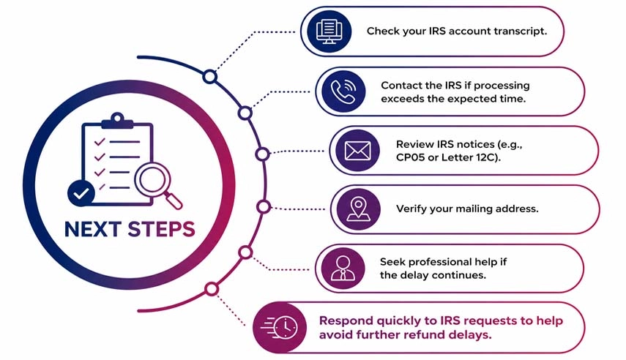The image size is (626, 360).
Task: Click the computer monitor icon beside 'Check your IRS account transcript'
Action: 328,31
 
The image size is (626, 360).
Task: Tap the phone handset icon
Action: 343,91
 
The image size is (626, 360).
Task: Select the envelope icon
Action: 357,151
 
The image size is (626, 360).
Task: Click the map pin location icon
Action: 358,209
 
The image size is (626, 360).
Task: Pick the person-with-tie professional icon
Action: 343,267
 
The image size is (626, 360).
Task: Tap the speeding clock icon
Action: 280,327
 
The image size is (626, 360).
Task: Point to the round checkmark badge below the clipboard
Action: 81,193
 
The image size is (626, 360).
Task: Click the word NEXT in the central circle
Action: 93,229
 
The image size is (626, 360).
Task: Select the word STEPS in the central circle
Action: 161,229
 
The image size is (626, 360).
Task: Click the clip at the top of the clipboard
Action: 117,121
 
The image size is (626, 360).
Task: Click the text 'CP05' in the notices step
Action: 410,157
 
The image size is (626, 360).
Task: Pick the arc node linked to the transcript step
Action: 209,77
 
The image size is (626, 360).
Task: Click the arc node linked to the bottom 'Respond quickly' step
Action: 212,289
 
